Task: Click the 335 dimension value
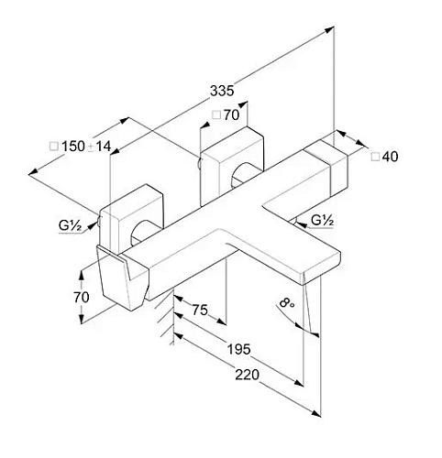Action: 222,91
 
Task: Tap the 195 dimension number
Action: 239,349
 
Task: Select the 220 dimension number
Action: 247,375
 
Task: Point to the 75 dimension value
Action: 200,310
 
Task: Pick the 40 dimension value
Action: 391,157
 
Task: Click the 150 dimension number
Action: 73,147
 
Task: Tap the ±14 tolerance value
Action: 100,147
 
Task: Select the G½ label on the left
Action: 70,225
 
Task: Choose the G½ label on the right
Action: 322,220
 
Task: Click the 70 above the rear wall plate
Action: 231,115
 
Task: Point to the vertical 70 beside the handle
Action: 82,297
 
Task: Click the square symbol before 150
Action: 54,147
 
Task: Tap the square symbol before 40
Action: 375,157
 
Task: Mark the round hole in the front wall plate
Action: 141,232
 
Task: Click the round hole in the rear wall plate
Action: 243,176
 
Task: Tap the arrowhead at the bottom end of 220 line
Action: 316,413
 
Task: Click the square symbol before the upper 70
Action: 216,115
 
